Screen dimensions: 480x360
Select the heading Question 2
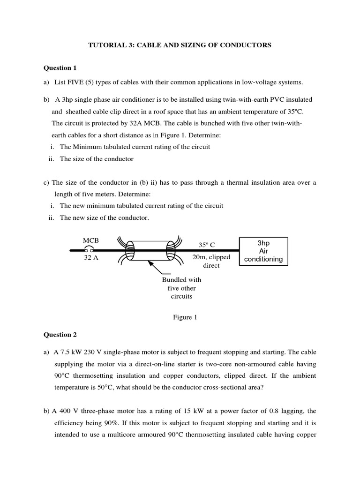pos(60,335)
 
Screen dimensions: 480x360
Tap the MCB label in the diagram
pos(90,240)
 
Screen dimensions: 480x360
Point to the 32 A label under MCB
pos(91,258)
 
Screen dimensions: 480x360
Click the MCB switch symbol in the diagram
pos(89,250)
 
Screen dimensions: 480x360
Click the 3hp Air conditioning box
pos(263,251)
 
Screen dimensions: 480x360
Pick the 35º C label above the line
pos(206,245)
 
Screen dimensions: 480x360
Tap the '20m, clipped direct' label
pos(211,261)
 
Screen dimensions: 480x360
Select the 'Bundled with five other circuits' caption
pos(181,288)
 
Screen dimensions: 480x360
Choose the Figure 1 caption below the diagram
pos(182,317)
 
